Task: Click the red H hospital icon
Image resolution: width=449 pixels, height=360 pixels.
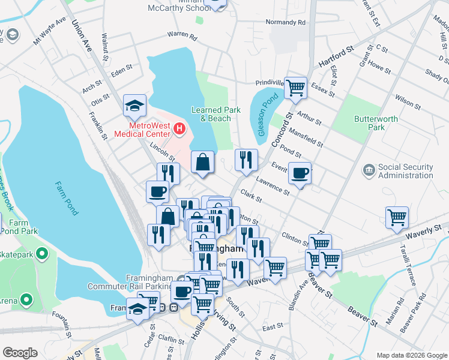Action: click(x=178, y=128)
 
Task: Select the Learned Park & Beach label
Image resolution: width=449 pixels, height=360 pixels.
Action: click(x=211, y=114)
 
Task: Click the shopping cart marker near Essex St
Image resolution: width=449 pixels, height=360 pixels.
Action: click(x=295, y=88)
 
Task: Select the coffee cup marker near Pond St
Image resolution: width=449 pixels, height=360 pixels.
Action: click(x=300, y=173)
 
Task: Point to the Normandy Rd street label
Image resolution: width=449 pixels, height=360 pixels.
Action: click(x=286, y=22)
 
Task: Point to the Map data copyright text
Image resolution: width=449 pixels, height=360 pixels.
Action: click(x=412, y=355)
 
